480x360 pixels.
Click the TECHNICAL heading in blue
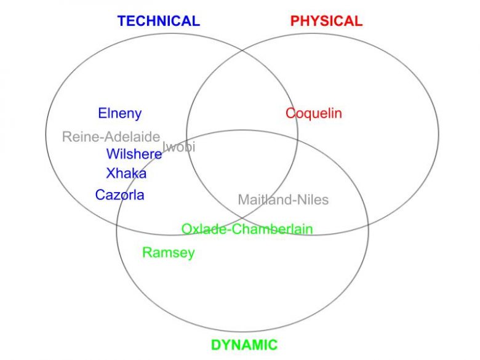[159, 21]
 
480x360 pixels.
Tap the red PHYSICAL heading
[326, 21]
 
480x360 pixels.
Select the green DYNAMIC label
[244, 345]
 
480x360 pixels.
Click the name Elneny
[119, 113]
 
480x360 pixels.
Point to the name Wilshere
[134, 154]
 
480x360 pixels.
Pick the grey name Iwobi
[179, 147]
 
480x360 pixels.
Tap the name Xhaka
[126, 174]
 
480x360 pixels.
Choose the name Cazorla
[119, 195]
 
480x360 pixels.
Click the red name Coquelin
[313, 113]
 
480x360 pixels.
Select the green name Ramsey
[168, 252]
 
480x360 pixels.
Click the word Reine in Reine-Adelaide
[78, 137]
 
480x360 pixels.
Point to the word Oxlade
[200, 230]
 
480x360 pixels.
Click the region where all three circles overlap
[246, 178]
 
